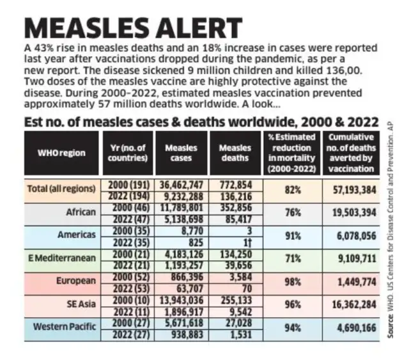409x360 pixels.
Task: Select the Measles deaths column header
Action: click(235, 153)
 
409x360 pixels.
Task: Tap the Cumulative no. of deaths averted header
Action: click(350, 153)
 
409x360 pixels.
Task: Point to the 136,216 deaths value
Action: click(235, 196)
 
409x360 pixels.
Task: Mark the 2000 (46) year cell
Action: click(127, 207)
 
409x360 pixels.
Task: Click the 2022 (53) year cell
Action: click(127, 288)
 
